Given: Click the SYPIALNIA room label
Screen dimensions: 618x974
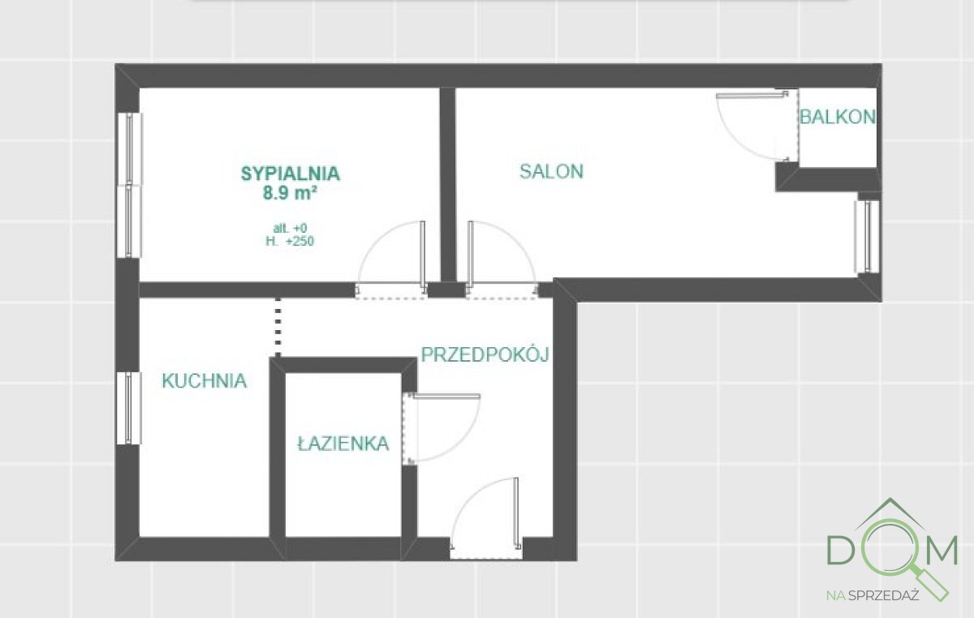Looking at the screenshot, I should (x=290, y=173).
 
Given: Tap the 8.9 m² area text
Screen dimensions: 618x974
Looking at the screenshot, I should (x=290, y=192).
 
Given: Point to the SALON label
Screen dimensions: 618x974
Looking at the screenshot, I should (x=551, y=171).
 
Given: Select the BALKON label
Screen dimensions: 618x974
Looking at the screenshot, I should (x=838, y=117).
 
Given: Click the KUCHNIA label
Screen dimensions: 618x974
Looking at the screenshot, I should (x=204, y=381).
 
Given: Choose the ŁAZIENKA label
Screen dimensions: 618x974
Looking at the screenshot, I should (x=343, y=444).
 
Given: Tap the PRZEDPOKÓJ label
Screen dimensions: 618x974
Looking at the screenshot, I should (x=485, y=354).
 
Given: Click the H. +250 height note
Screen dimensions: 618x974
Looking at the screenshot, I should (x=290, y=241).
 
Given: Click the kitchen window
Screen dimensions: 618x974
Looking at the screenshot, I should (x=130, y=407).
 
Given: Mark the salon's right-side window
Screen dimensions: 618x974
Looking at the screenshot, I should (x=868, y=235).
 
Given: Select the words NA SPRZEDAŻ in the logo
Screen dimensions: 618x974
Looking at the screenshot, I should (x=872, y=594).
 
